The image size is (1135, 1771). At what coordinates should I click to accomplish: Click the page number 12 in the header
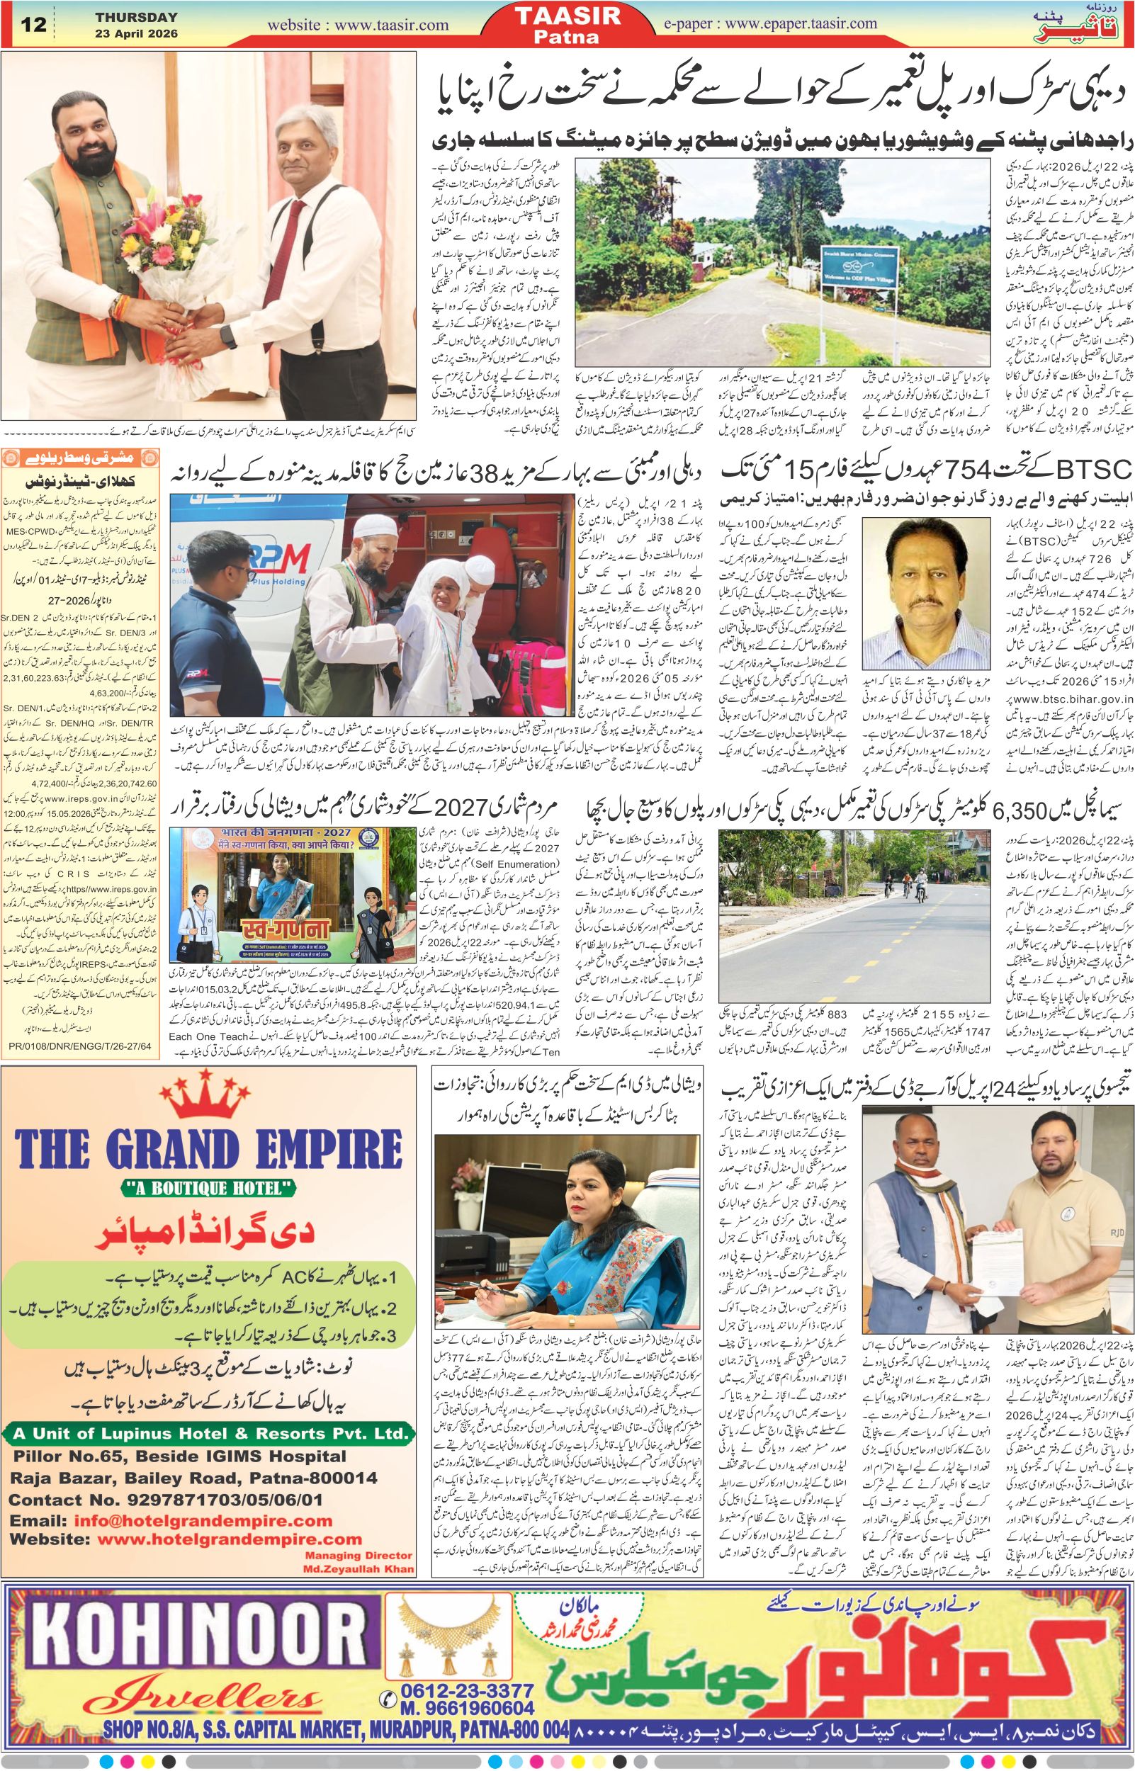coord(34,25)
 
